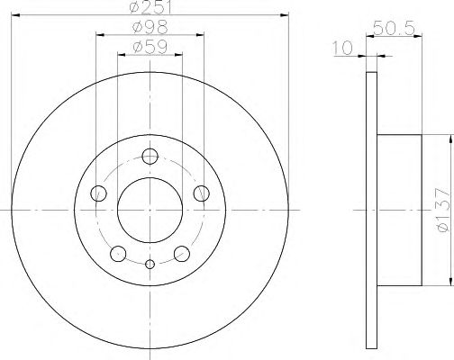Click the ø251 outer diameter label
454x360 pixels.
click(x=150, y=6)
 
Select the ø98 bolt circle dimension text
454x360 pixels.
click(x=150, y=27)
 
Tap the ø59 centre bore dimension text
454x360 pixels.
click(x=150, y=47)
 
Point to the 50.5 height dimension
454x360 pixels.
click(x=394, y=29)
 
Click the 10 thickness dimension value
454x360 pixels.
click(x=342, y=48)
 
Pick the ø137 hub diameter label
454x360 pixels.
click(x=443, y=210)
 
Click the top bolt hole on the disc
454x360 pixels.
click(x=150, y=157)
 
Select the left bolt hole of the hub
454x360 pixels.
click(x=98, y=193)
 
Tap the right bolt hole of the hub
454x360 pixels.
click(x=201, y=193)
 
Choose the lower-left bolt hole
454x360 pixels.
click(x=118, y=254)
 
